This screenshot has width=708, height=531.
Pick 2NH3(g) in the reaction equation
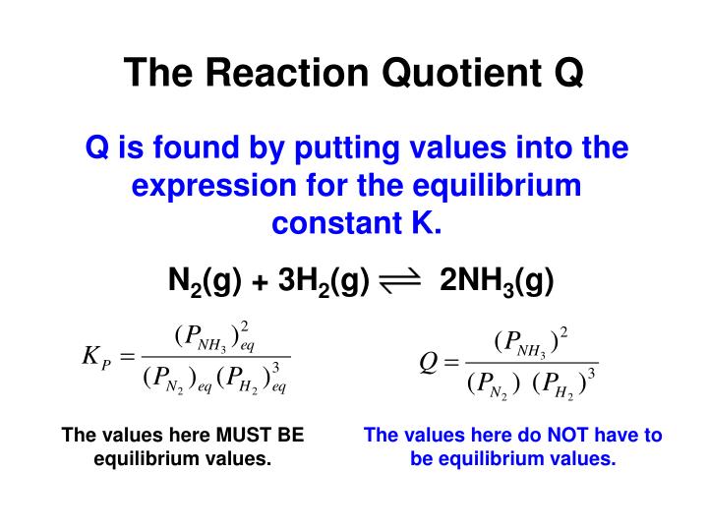(x=498, y=282)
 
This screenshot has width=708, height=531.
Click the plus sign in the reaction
(x=260, y=284)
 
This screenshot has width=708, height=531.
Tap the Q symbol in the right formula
(x=428, y=364)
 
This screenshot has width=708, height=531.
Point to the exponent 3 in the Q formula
(x=592, y=374)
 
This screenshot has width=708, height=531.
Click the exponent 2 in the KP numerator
(x=245, y=325)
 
